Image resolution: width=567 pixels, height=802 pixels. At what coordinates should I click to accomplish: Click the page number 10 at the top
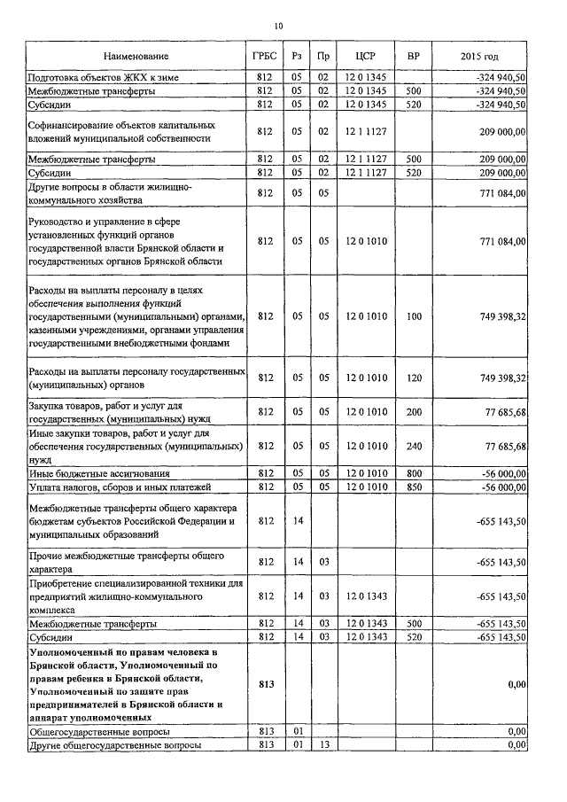point(278,26)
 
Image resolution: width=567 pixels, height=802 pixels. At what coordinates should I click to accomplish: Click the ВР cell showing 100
point(413,315)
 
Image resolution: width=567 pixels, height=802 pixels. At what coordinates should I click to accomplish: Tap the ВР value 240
point(413,445)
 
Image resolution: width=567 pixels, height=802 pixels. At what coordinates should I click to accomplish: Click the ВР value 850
point(413,487)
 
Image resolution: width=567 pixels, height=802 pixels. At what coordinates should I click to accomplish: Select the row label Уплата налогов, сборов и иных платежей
point(118,487)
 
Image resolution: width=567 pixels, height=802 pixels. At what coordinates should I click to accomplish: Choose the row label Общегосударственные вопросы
point(100,733)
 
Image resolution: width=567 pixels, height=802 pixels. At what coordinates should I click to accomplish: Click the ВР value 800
point(413,474)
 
